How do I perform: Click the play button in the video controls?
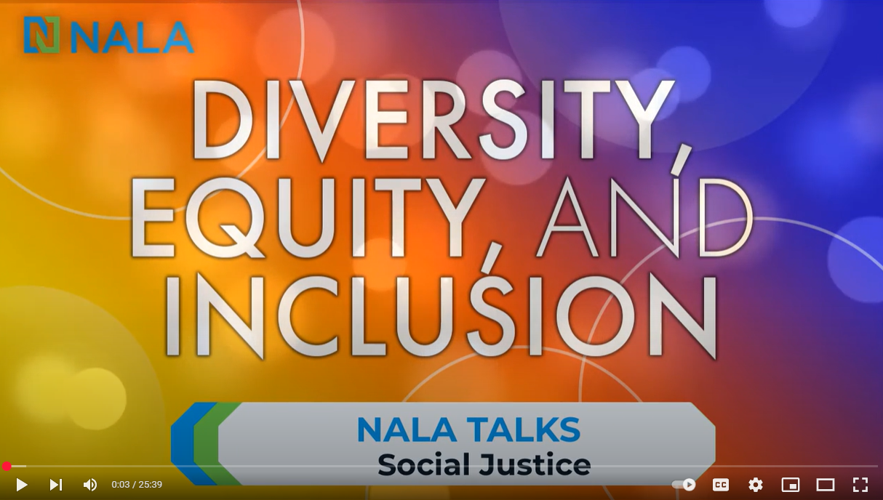point(22,485)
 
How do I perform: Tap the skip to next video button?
point(56,485)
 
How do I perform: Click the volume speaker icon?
point(90,485)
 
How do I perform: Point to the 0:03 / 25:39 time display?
point(137,485)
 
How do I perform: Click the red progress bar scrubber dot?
point(7,467)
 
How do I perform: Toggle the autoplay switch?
point(684,485)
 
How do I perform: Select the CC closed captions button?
point(721,485)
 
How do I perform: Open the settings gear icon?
point(755,485)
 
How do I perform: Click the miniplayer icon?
point(791,485)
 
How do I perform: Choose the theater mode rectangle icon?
point(825,485)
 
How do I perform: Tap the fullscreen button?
point(860,485)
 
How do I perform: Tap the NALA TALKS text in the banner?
point(468,430)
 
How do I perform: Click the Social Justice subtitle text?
point(484,465)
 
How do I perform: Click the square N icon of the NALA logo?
point(41,35)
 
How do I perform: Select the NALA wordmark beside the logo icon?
point(132,38)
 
